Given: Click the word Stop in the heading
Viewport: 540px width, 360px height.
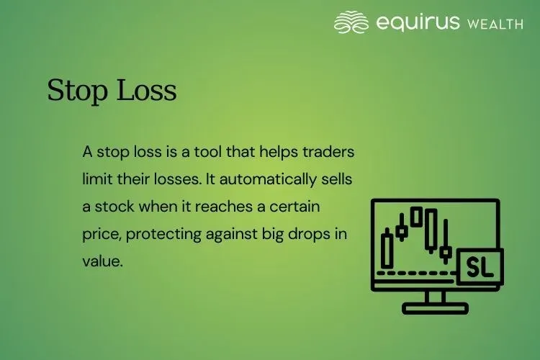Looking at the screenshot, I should (x=73, y=91).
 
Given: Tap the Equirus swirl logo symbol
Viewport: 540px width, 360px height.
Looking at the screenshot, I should (x=351, y=22).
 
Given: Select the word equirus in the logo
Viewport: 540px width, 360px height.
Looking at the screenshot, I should (x=418, y=22).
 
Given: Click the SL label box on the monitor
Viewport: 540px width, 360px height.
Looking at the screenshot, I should (x=480, y=266).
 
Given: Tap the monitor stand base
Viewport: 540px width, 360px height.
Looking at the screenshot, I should (x=435, y=307).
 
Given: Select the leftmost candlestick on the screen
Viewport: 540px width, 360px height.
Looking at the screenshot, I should (x=388, y=248).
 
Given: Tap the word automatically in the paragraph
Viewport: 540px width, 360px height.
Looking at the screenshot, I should (x=275, y=179).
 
